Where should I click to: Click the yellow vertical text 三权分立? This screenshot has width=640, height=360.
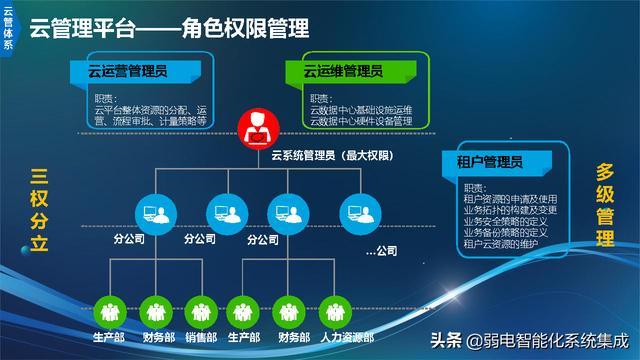tap(37, 213)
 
